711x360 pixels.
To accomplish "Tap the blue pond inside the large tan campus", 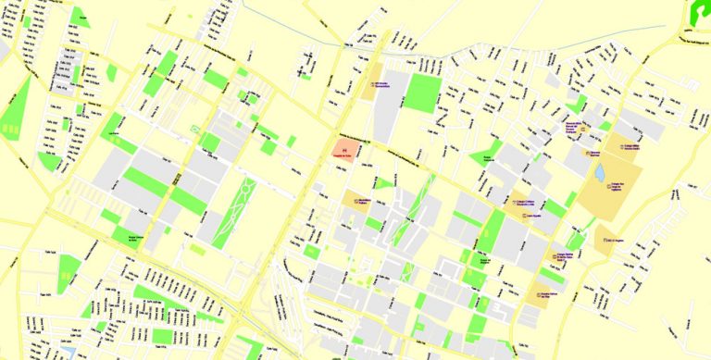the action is click(x=600, y=172).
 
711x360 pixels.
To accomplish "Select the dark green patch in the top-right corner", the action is click(x=700, y=11).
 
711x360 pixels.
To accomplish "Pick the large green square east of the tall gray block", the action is click(x=424, y=93).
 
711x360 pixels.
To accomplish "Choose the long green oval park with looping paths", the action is click(x=233, y=212).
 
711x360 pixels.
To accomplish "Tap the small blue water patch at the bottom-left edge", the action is click(x=67, y=353).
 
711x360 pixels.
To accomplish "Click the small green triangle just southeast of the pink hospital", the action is click(x=382, y=183).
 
